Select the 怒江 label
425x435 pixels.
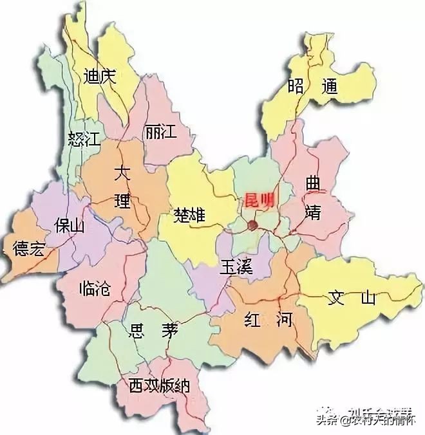coord(82,139)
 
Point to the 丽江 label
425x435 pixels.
coord(160,131)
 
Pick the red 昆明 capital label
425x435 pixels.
coord(258,199)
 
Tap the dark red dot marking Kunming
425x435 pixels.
coord(252,225)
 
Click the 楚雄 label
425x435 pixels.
coord(189,215)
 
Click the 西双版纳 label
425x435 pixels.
coord(158,386)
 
